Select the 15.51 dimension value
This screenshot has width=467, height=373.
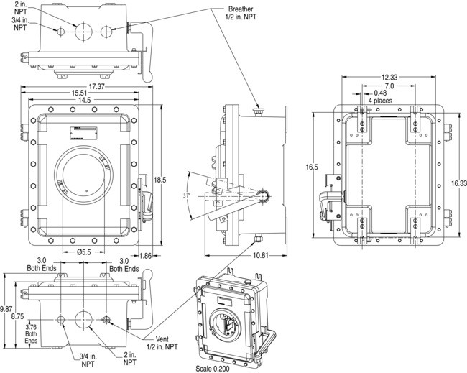pos(80,93)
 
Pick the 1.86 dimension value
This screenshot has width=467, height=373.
pos(164,255)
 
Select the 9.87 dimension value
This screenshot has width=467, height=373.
pos(6,308)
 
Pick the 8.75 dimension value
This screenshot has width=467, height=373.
pos(19,316)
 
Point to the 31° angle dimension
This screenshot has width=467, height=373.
pos(185,195)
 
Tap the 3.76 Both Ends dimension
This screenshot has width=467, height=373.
pos(31,334)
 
